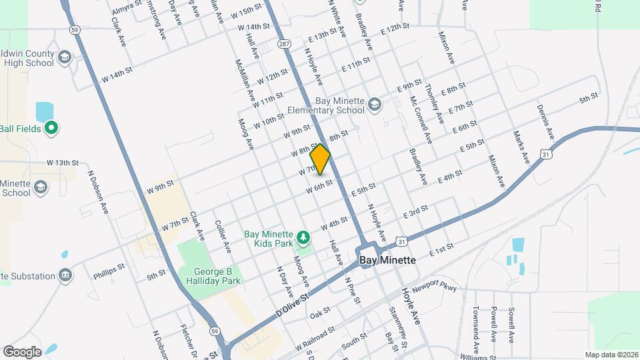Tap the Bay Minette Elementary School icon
(x=375, y=103)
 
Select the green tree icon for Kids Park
(x=303, y=237)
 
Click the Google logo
(x=22, y=351)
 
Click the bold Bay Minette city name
(x=387, y=260)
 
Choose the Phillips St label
(x=109, y=271)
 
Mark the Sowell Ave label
(x=511, y=324)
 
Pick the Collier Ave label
(x=222, y=237)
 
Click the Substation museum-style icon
(x=65, y=275)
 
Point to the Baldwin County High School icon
(x=64, y=57)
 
